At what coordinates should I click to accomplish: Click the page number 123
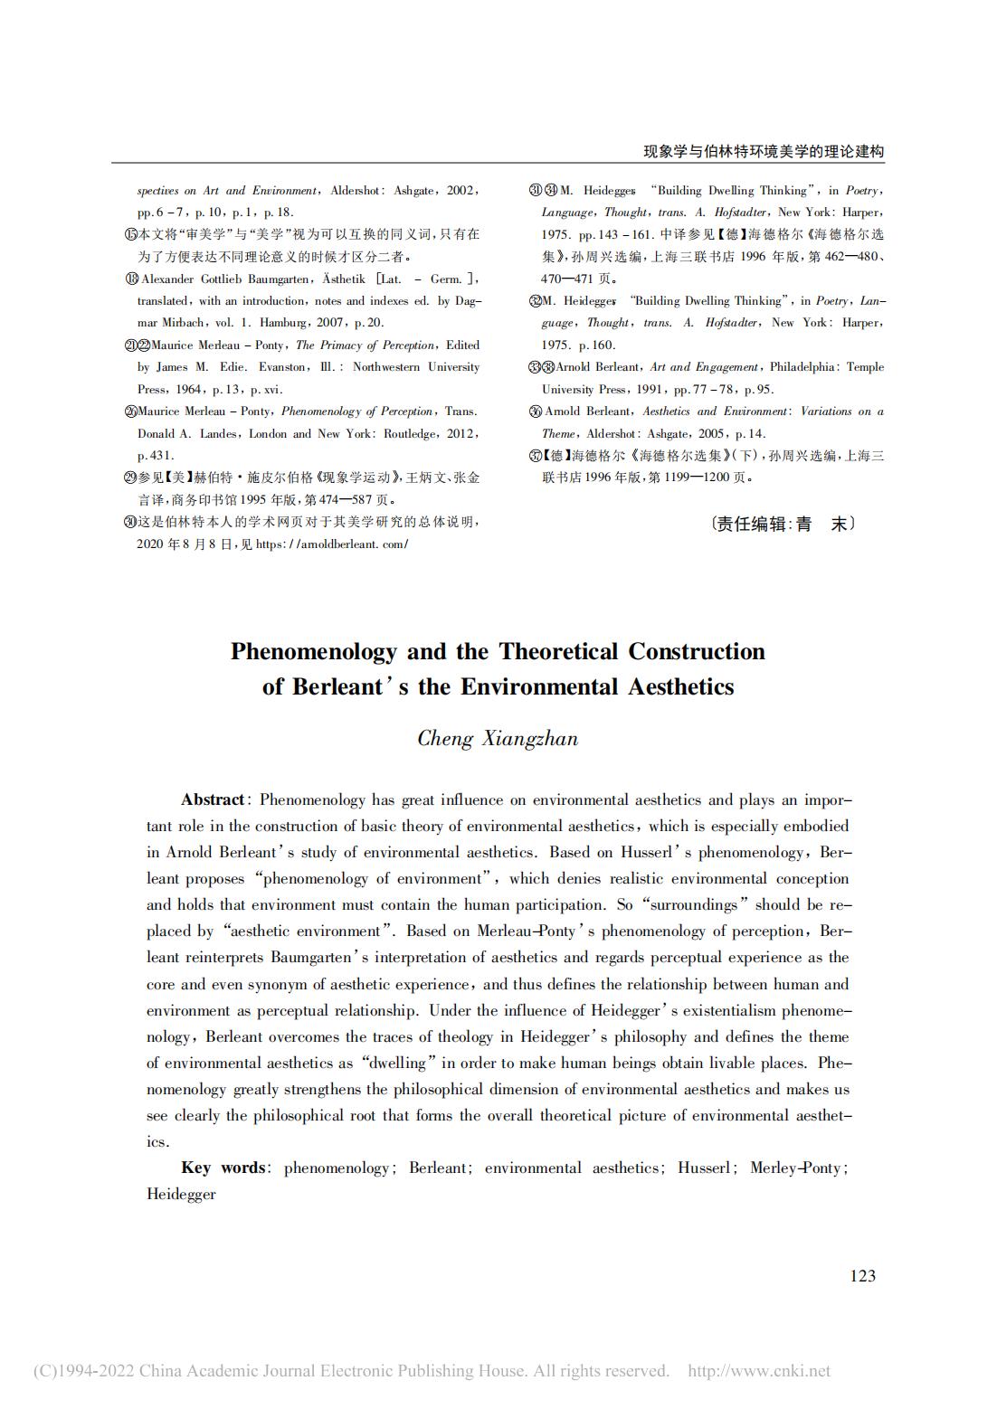(862, 1275)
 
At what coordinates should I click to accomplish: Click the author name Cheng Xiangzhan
(498, 738)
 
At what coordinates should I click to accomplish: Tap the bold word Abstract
(213, 799)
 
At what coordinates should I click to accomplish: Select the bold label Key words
(223, 1168)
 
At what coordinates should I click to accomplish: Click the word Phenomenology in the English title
(314, 651)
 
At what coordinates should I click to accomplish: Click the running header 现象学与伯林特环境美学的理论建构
(763, 151)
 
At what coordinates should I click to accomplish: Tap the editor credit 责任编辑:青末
(782, 523)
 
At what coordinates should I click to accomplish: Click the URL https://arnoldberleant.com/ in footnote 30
(332, 544)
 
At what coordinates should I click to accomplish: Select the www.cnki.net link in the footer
(759, 1371)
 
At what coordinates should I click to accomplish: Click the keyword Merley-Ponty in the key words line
(797, 1168)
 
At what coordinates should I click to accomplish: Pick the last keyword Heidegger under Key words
(181, 1194)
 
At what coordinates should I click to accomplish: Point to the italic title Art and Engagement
(704, 366)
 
